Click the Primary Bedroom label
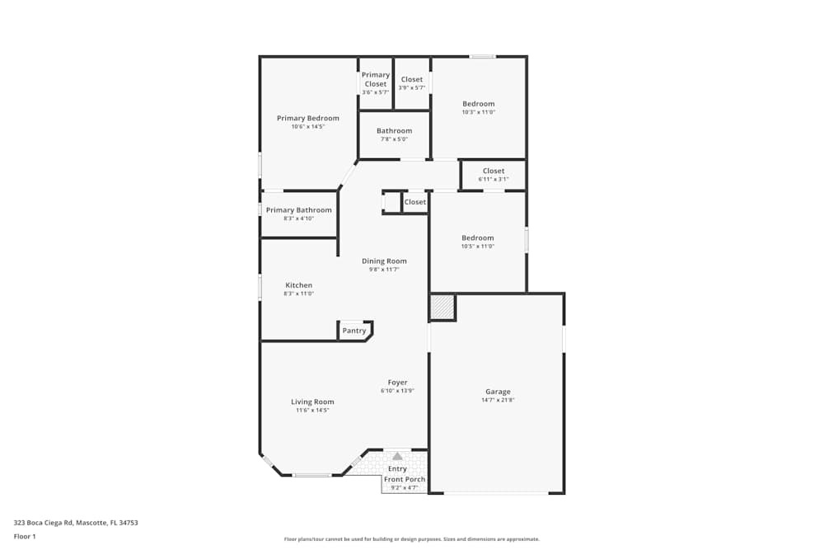point(307,118)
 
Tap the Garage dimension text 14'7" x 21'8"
point(498,400)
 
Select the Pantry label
point(354,331)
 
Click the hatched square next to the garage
point(442,308)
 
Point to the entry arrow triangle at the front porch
point(397,456)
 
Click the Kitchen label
point(298,285)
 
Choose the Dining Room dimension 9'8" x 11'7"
point(384,270)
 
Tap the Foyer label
point(397,383)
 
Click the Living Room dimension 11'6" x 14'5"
point(312,410)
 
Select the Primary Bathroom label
point(298,210)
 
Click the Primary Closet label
point(375,79)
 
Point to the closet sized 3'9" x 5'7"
point(411,83)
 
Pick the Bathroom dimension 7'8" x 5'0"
point(394,139)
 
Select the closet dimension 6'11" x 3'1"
point(493,179)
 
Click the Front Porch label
point(405,479)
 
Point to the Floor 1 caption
point(25,536)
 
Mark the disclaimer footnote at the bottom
point(411,539)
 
